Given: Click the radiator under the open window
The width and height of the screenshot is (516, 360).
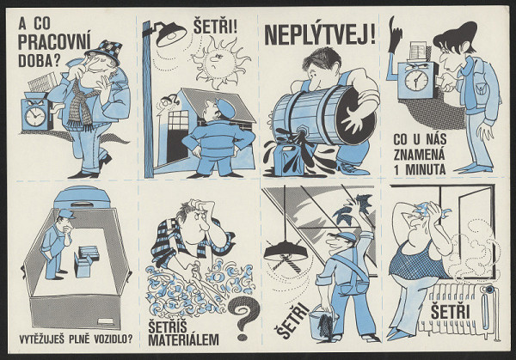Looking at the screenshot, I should pyautogui.click(x=454, y=314).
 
